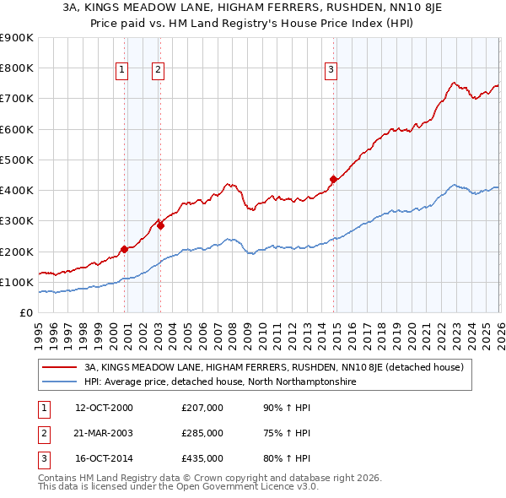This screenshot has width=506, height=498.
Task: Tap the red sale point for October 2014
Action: (333, 179)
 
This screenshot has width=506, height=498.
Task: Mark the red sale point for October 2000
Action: (124, 249)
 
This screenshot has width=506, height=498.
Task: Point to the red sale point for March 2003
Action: (160, 225)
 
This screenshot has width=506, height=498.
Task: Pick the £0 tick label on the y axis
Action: (26, 312)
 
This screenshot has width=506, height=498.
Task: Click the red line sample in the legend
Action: (60, 367)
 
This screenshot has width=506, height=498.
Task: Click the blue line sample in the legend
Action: (60, 382)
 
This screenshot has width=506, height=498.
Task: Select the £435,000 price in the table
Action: (202, 458)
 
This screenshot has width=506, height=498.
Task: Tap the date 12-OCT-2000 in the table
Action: (104, 408)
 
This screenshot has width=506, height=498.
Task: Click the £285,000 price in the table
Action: (202, 433)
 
